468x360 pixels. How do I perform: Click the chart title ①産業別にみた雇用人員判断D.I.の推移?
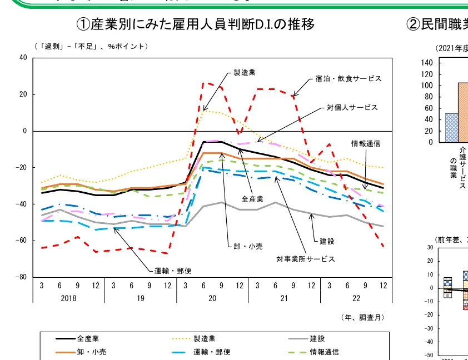[x=196, y=24]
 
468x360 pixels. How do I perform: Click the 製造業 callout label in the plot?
[x=245, y=72]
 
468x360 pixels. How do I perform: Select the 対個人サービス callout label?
[x=352, y=107]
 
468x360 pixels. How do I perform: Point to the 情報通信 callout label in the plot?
[x=365, y=143]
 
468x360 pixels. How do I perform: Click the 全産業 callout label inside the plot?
[x=252, y=198]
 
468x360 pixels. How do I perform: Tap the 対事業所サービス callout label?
[x=306, y=259]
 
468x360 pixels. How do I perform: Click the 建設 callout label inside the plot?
[x=327, y=241]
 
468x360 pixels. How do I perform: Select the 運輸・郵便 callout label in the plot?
[x=173, y=271]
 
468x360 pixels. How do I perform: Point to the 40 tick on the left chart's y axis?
[x=23, y=58]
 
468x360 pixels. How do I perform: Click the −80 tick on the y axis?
[x=21, y=277]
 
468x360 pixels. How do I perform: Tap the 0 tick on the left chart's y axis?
[x=24, y=131]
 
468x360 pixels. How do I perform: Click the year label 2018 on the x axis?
[x=68, y=298]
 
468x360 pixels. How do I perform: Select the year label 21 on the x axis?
[x=284, y=298]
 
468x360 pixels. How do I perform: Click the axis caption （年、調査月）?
[x=362, y=317]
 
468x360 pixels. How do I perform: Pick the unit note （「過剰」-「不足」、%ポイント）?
[x=91, y=46]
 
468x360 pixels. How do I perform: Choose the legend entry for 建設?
[x=317, y=338]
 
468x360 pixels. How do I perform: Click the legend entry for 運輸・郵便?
[x=212, y=352]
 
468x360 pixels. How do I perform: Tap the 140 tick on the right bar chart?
[x=428, y=63]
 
